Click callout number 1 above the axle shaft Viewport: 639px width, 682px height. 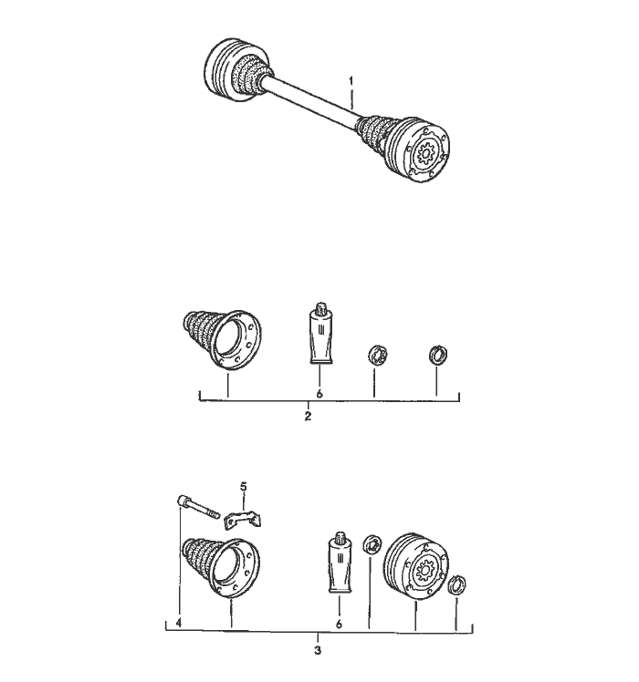[x=351, y=81]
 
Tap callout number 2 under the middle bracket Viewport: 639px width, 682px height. [x=308, y=417]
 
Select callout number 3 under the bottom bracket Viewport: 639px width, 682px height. [x=318, y=651]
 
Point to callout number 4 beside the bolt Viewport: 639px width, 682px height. [x=179, y=623]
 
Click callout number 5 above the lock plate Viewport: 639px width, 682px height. [x=244, y=487]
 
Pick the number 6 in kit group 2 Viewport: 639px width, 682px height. [x=319, y=394]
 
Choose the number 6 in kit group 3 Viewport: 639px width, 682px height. [x=339, y=625]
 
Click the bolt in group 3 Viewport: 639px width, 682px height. [x=198, y=507]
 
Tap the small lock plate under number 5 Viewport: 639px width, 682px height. [x=243, y=520]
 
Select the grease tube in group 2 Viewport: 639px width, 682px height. [x=320, y=333]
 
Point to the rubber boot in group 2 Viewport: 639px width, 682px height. [x=222, y=340]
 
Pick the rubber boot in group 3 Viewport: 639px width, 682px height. [x=221, y=568]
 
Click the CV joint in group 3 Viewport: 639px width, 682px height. [x=416, y=566]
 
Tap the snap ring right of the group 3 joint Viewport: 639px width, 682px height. [x=457, y=584]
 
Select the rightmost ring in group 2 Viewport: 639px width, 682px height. [x=438, y=355]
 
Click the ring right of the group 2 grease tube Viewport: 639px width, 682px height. [x=377, y=355]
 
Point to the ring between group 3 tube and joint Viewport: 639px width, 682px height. [x=372, y=544]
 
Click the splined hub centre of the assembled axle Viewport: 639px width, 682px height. [x=424, y=153]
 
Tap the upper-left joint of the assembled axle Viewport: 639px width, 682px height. [x=236, y=70]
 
